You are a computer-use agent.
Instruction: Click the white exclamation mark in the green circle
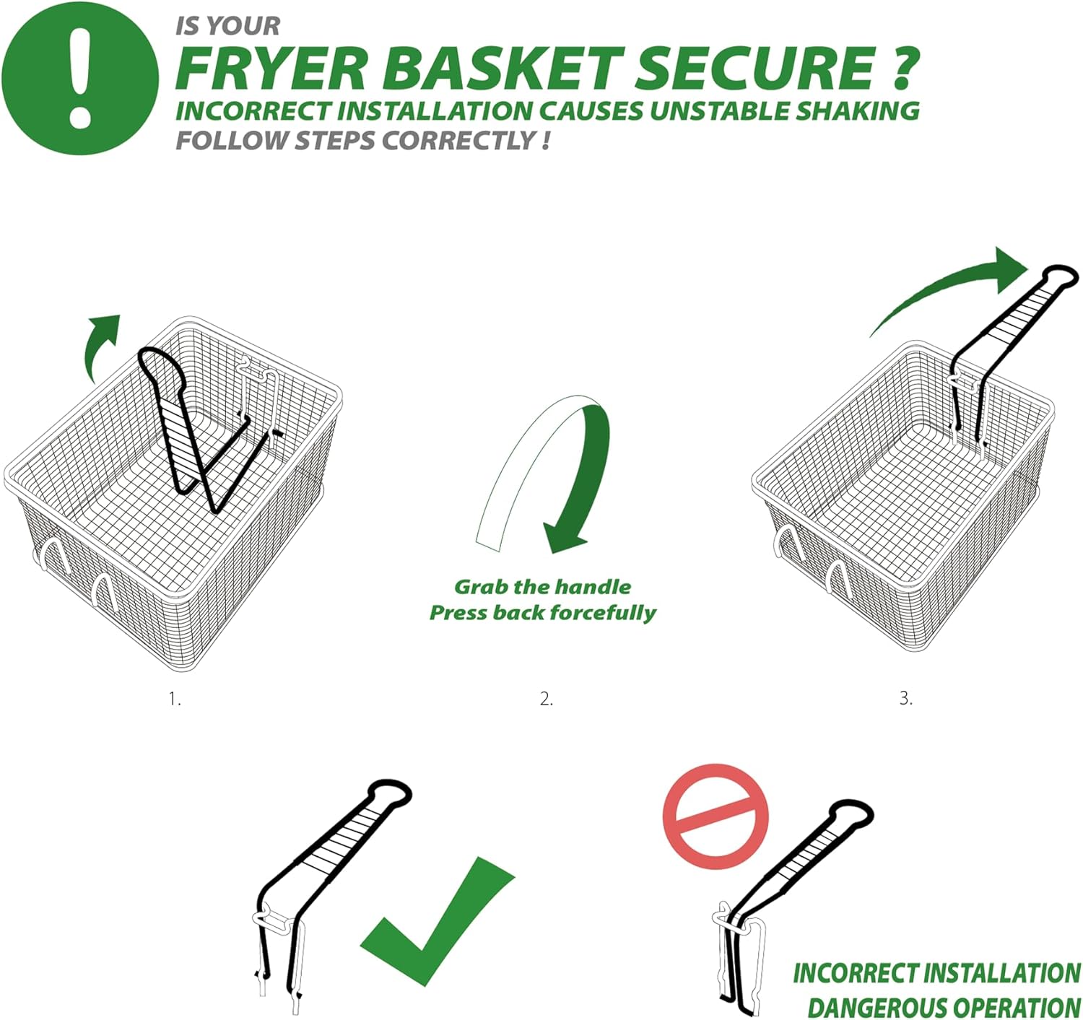pos(80,77)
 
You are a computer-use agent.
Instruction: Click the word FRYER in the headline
pos(271,68)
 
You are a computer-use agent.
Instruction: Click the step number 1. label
pos(175,699)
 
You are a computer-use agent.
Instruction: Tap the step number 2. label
pos(547,699)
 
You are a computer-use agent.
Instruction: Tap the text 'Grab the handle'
pos(543,587)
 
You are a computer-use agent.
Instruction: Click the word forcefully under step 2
pos(603,613)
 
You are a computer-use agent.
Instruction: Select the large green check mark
pos(436,922)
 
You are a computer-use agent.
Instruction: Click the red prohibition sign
pos(716,816)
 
